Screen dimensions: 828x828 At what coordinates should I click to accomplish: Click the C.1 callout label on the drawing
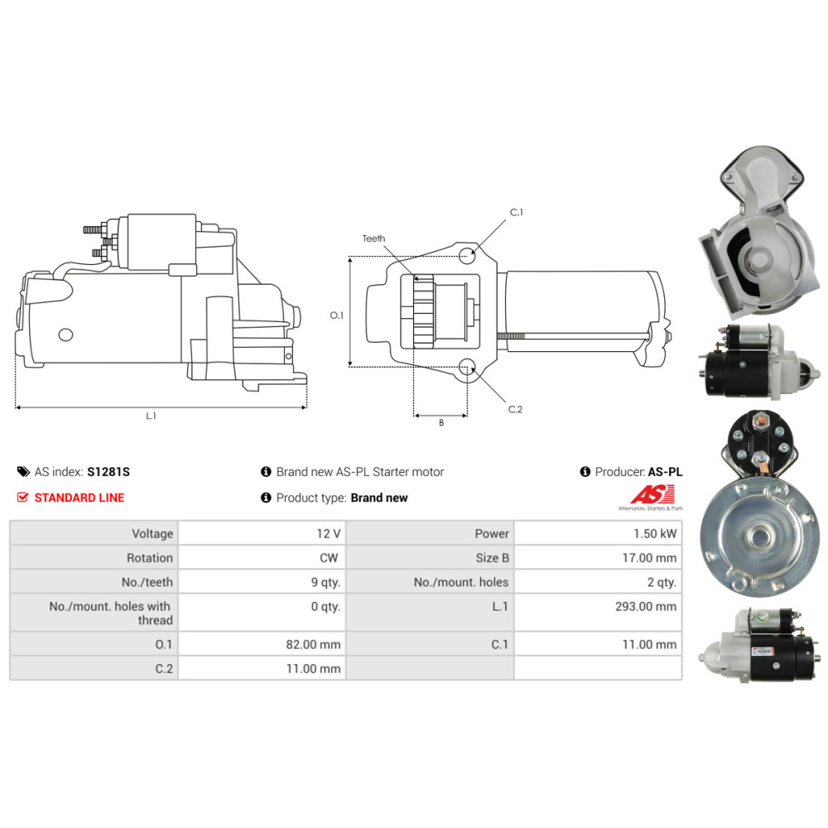(x=517, y=212)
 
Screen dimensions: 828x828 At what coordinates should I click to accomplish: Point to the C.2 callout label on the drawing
(x=515, y=409)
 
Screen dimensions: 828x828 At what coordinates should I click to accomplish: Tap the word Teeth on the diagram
(x=373, y=238)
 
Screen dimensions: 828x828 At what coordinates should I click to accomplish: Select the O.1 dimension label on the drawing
(x=336, y=315)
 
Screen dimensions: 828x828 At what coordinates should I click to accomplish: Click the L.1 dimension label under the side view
(x=151, y=416)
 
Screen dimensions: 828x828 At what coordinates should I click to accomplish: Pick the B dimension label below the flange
(x=441, y=423)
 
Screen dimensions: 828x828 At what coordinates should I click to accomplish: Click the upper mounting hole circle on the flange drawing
(x=466, y=256)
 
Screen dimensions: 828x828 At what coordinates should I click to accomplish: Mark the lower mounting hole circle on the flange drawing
(x=466, y=367)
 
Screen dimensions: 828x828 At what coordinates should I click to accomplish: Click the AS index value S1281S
(x=108, y=472)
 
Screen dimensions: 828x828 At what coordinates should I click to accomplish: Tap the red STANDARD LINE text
(x=79, y=498)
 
